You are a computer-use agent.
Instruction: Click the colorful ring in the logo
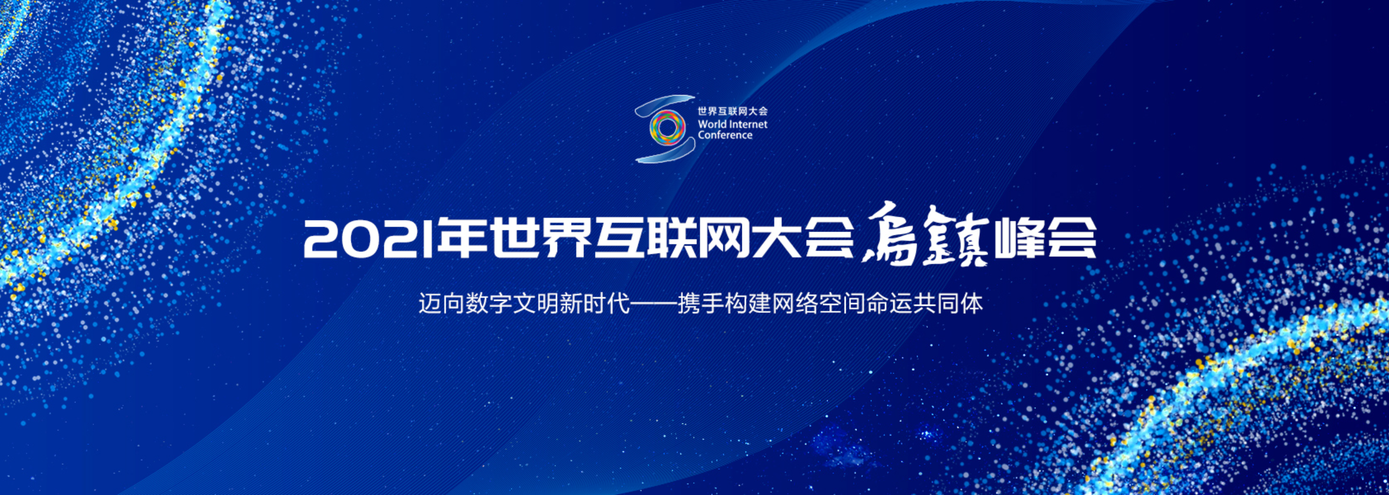point(667,128)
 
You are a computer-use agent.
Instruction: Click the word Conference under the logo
point(725,135)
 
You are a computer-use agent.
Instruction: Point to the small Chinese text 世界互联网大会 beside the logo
point(732,111)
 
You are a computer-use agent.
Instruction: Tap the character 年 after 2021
point(462,238)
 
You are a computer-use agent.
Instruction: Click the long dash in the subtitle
point(653,303)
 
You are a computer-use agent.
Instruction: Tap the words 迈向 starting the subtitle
point(442,303)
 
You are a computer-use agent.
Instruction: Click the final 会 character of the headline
point(1071,238)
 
